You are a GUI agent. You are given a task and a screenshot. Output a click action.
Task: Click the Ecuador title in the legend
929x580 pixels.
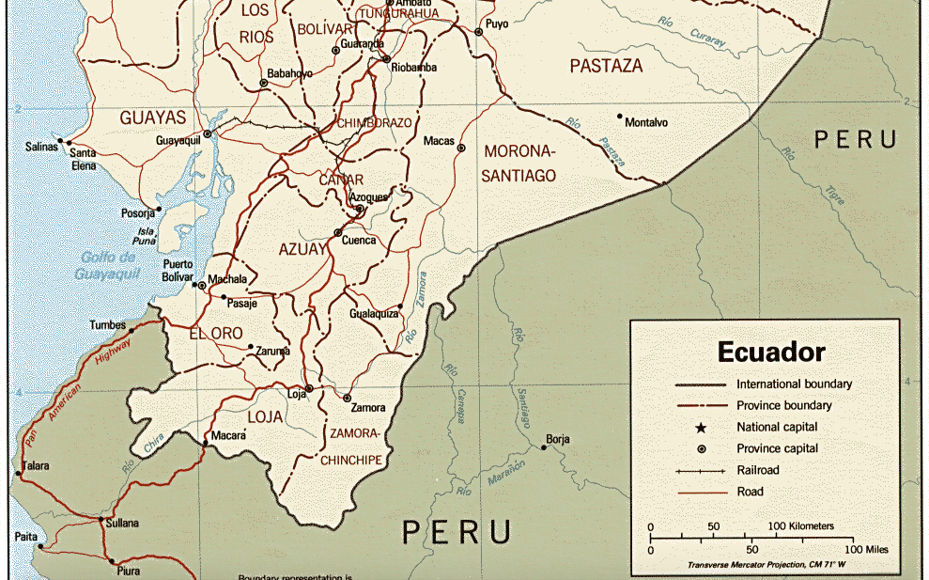tap(771, 353)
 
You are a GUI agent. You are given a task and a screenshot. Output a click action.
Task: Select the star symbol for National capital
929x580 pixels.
tap(701, 427)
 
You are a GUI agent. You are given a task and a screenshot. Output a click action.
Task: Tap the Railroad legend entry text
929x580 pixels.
tap(758, 470)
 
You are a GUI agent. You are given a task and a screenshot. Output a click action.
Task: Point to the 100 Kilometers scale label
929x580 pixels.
tap(801, 525)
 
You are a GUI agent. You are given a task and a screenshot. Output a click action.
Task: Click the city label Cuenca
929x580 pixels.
tap(358, 240)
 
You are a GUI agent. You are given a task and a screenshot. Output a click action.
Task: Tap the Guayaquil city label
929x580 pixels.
tap(178, 140)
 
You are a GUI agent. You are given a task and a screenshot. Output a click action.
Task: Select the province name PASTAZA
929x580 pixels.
tap(606, 66)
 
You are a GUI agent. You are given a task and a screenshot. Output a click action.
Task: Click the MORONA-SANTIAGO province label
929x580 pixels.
tap(519, 164)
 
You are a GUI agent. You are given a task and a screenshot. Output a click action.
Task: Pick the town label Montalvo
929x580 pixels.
tap(646, 123)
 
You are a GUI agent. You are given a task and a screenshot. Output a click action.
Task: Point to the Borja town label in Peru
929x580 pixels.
tap(558, 439)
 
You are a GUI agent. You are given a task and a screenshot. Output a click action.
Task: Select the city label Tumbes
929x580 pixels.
tap(107, 325)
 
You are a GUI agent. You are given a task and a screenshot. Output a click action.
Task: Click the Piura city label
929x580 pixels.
tap(128, 571)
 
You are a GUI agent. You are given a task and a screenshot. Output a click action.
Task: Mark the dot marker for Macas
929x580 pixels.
tap(460, 148)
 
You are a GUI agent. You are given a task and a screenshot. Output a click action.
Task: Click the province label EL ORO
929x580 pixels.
tap(216, 334)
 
